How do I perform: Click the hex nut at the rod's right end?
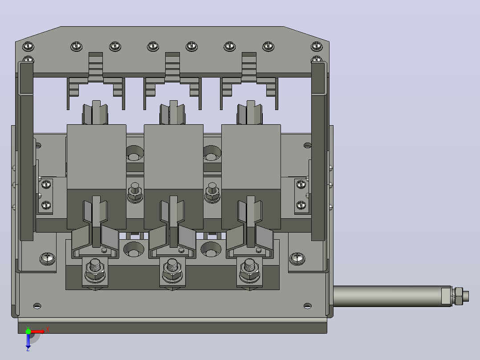459,296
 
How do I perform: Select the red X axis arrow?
37,331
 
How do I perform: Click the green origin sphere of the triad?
28,331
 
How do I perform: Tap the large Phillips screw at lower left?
48,258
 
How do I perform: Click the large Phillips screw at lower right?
297,258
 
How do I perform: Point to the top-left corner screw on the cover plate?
28,46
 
